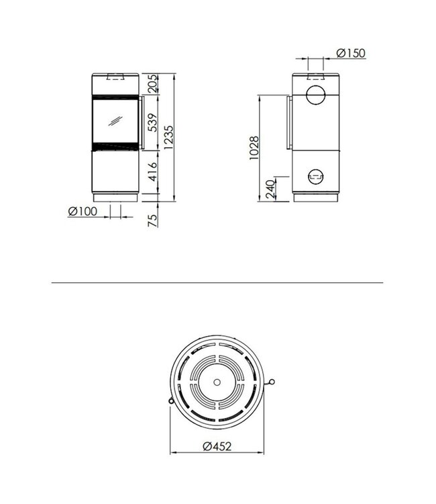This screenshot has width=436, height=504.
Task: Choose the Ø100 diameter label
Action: (83, 211)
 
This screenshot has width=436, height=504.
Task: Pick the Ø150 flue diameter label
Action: (351, 53)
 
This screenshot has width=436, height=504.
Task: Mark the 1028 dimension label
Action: (253, 148)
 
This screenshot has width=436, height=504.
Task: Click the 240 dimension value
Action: (270, 187)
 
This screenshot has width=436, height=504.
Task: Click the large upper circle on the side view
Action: (315, 94)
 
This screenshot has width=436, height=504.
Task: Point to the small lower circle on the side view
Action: (315, 177)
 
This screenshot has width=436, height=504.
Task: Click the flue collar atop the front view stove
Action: (116, 75)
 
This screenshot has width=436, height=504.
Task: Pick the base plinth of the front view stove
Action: (116, 198)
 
